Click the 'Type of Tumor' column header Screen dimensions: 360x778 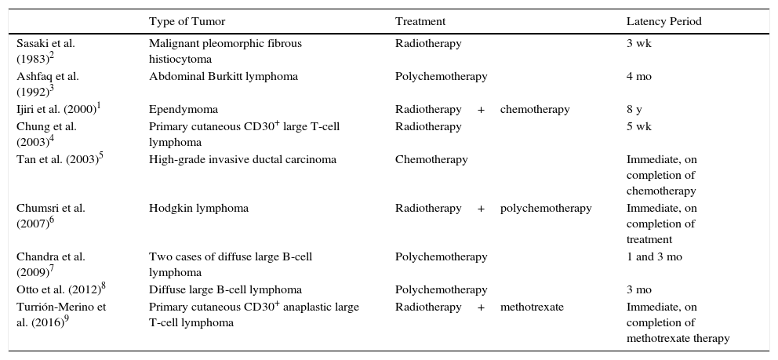click(186, 22)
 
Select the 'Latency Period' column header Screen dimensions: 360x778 click(663, 22)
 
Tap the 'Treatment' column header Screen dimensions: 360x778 click(420, 22)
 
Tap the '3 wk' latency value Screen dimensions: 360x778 click(638, 44)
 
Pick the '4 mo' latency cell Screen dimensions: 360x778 click(638, 77)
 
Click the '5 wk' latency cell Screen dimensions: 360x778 click(638, 126)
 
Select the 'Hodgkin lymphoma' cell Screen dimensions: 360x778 click(198, 209)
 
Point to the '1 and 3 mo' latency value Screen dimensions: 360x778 click(654, 257)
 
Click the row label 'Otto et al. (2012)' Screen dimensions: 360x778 click(59, 289)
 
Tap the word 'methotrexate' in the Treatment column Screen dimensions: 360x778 click(532, 307)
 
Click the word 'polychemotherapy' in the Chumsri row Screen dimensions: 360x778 click(546, 209)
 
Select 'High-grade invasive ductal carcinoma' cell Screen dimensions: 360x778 click(242, 159)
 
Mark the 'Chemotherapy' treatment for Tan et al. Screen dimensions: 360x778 click(431, 159)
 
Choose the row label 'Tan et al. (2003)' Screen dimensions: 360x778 click(59, 159)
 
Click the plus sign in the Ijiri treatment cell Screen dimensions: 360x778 click(481, 110)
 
